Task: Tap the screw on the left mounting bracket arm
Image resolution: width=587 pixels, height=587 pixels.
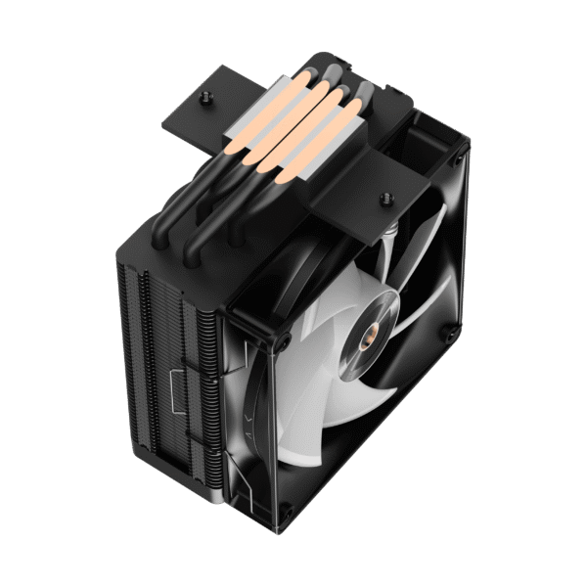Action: [x=207, y=98]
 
